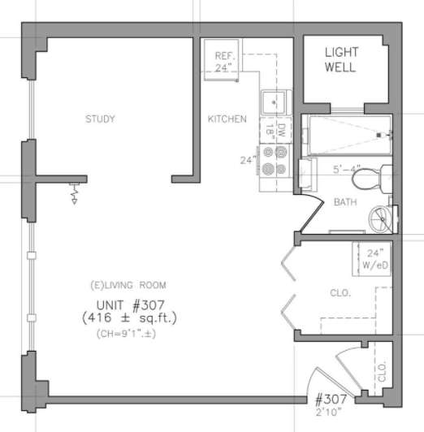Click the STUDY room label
(x=100, y=119)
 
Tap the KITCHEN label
(x=227, y=119)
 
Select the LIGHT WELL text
(x=342, y=60)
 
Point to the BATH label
(x=345, y=202)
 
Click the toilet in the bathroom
(x=372, y=179)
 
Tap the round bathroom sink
(x=381, y=219)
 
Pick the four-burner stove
(x=274, y=160)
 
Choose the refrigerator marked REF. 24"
(x=221, y=59)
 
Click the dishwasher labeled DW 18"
(x=275, y=130)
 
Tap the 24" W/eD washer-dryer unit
(x=372, y=259)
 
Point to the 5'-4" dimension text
(x=347, y=169)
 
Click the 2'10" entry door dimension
(x=328, y=413)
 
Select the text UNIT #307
(x=130, y=305)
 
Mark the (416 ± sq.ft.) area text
(x=129, y=318)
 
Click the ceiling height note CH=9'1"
(x=126, y=334)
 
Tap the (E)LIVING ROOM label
(x=128, y=285)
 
